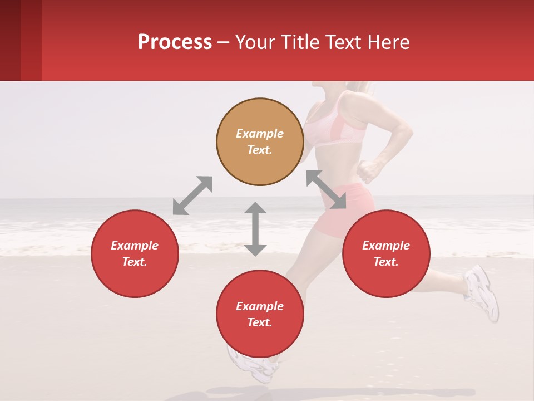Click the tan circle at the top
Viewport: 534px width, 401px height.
(x=260, y=142)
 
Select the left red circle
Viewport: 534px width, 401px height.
(x=135, y=253)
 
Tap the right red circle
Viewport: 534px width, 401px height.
(x=386, y=253)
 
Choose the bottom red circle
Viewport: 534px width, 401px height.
(x=260, y=314)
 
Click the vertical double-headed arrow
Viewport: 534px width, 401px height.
(x=255, y=229)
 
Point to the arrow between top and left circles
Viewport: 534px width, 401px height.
(x=192, y=195)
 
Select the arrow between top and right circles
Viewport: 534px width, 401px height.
(x=326, y=189)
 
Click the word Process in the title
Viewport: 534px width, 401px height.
(x=175, y=42)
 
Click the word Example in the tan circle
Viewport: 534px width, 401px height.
(x=260, y=134)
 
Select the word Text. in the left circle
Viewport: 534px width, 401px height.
(x=135, y=262)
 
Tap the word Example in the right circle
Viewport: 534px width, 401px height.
(x=386, y=246)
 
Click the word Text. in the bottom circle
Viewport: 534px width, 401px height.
(x=260, y=322)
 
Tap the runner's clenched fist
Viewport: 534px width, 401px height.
(x=367, y=170)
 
